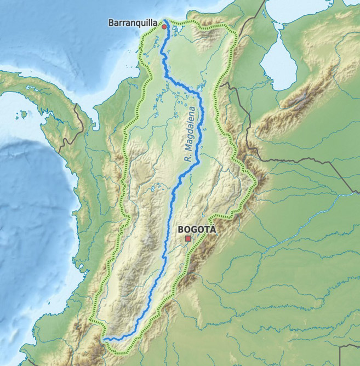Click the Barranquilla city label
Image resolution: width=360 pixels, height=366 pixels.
pyautogui.click(x=134, y=23)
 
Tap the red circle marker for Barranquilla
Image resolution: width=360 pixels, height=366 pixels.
pyautogui.click(x=164, y=26)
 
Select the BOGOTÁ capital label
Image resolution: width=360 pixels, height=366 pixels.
pyautogui.click(x=197, y=230)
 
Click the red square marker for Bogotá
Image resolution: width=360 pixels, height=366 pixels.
pyautogui.click(x=188, y=239)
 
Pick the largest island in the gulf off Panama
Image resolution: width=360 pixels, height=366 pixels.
pyautogui.click(x=24, y=115)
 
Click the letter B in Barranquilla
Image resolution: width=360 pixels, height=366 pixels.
pyautogui.click(x=111, y=23)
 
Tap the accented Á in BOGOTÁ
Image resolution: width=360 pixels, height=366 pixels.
pyautogui.click(x=213, y=230)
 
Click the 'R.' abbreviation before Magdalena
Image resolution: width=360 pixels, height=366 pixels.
pyautogui.click(x=187, y=159)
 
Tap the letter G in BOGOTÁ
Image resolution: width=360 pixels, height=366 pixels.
pyautogui.click(x=194, y=230)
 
